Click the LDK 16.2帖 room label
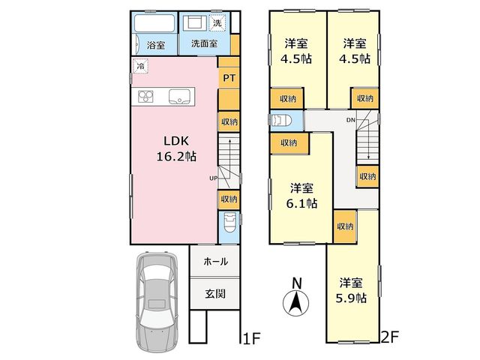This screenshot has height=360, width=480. point(176,148)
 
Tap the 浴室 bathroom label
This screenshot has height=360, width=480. point(156,45)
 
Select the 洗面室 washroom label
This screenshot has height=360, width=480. point(204,43)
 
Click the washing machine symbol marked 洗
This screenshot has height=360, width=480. point(217,22)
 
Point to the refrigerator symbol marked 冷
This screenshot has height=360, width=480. point(141,66)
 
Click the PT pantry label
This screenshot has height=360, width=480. point(229,78)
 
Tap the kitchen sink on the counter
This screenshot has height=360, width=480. point(179,97)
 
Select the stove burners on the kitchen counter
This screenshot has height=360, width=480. point(145,97)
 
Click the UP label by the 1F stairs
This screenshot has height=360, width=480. point(213,178)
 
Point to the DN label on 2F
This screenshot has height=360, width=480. point(351,120)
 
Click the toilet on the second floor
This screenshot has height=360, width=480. point(280,120)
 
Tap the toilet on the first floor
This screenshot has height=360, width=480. point(229,223)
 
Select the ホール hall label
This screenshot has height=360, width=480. point(215,261)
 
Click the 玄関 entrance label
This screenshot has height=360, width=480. point(215,294)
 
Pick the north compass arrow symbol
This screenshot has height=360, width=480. point(295,303)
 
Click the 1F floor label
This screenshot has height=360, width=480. point(251,339)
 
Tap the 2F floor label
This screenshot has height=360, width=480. point(389,337)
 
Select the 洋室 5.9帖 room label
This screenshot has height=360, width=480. point(351,290)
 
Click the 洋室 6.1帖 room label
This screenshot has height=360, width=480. point(301,196)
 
